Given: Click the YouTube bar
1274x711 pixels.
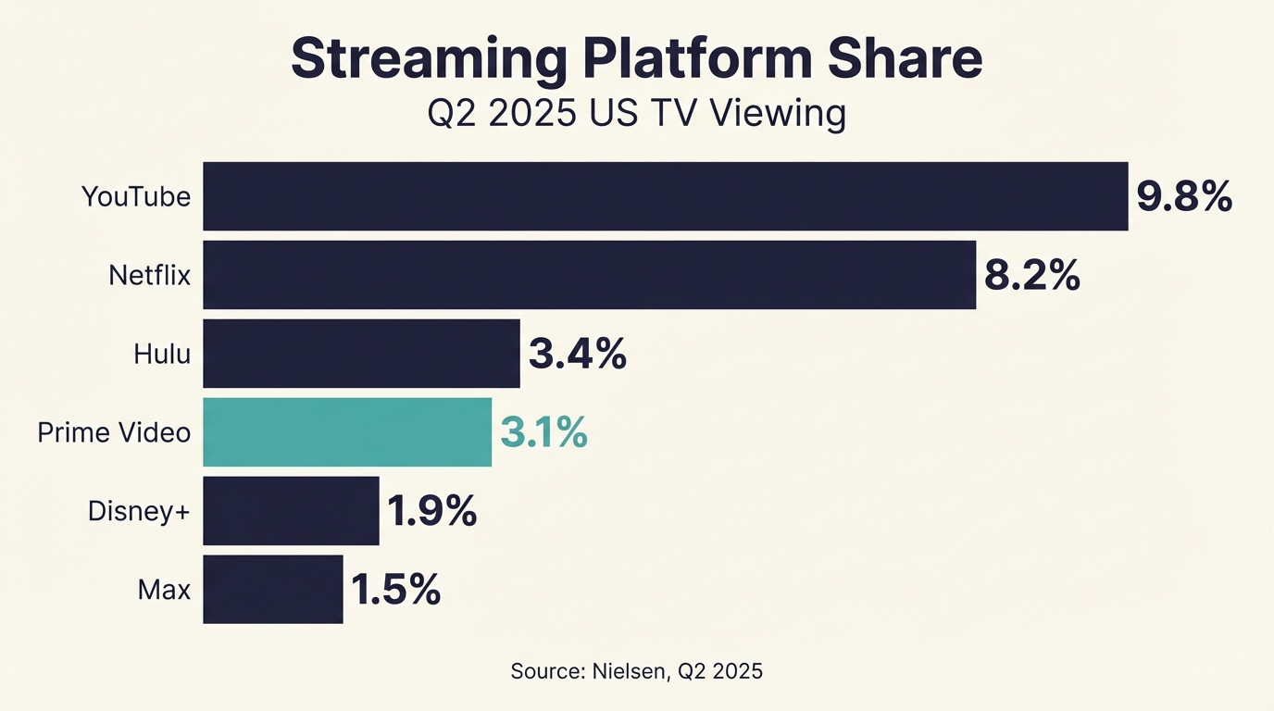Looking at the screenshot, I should click(665, 196).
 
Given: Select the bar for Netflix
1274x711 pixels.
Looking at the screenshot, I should click(589, 275).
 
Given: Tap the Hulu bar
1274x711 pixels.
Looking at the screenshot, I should click(361, 354).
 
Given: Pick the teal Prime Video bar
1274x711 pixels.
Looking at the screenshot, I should click(347, 432).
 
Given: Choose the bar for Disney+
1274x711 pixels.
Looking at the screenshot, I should click(291, 511).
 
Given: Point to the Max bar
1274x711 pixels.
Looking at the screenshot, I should click(273, 590).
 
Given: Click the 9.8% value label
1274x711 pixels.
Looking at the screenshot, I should click(1184, 196).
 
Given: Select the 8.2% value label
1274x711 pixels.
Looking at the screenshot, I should click(1031, 275).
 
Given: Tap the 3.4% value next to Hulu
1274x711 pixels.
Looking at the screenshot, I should click(577, 354).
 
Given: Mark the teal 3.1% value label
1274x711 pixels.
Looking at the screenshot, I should click(543, 432).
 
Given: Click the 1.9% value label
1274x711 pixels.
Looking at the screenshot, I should click(431, 511).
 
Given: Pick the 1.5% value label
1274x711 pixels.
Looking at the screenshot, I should click(395, 590).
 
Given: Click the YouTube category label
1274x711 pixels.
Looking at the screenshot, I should click(136, 196).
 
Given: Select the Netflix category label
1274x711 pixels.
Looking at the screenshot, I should click(149, 275).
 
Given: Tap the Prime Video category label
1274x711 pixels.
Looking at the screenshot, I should click(114, 432).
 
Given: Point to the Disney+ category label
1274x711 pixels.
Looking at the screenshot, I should click(139, 511).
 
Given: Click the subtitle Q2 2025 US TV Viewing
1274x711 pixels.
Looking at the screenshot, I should click(636, 114).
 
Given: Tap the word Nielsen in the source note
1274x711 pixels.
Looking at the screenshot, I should click(628, 671).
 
